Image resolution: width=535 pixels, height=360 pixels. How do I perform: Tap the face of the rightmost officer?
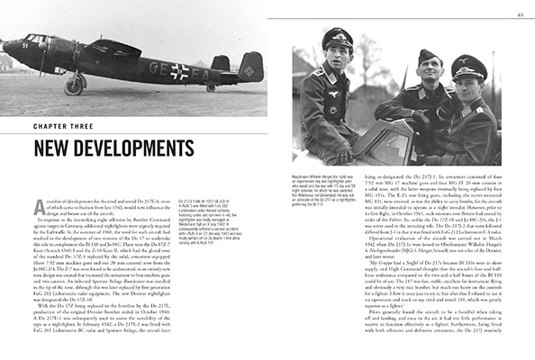pos(469,87)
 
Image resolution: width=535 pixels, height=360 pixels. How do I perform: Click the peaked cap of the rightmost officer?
pos(468,66)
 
